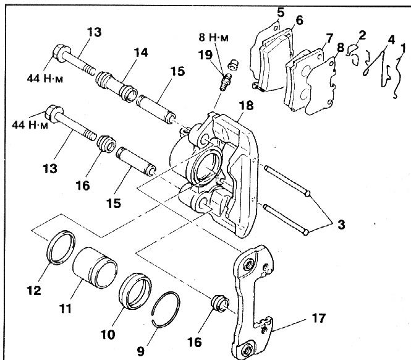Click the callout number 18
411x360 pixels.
[247, 106]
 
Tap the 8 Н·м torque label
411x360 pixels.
[213, 37]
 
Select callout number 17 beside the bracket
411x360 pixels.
[319, 319]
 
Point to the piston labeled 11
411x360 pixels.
[95, 267]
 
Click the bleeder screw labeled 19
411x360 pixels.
[225, 82]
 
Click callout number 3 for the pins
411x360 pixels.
[341, 225]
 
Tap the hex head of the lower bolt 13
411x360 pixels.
[54, 114]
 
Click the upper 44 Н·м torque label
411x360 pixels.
[45, 78]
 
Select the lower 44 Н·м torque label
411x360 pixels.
[30, 125]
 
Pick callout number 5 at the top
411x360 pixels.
[281, 12]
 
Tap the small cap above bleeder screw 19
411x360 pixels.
[232, 64]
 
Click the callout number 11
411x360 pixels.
[66, 308]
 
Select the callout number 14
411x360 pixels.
[141, 53]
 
